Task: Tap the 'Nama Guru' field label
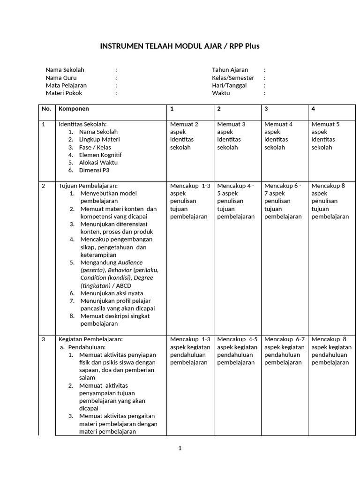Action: point(61,78)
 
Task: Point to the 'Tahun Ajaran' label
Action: point(230,70)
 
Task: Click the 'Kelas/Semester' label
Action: point(233,78)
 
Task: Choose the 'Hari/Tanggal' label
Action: point(229,85)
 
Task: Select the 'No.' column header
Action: point(46,109)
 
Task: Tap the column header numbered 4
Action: point(313,109)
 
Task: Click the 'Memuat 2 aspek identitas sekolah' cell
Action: point(184,135)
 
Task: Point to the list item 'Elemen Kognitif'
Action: point(100,155)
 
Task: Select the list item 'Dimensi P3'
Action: point(94,170)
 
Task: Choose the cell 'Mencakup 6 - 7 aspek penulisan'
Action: point(283,201)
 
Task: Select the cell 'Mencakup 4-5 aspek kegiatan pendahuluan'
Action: point(237,351)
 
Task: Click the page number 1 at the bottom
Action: point(180,448)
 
